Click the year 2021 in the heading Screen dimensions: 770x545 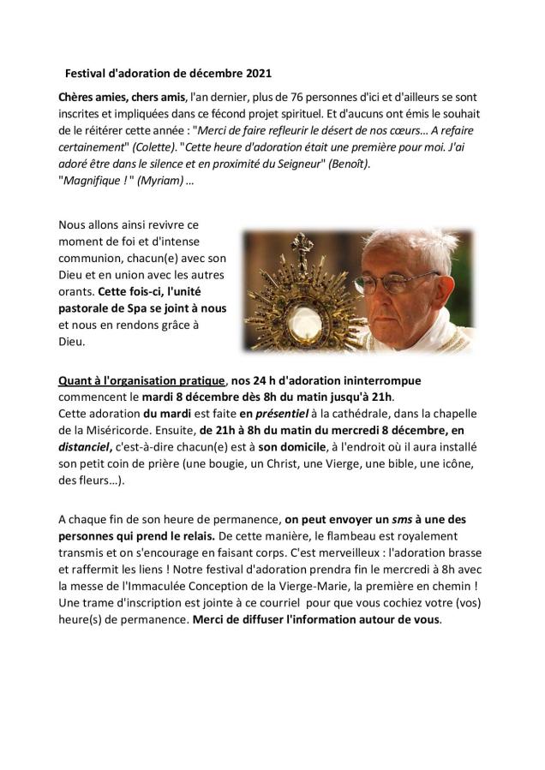[258, 74]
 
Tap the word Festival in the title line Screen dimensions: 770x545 [89, 74]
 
